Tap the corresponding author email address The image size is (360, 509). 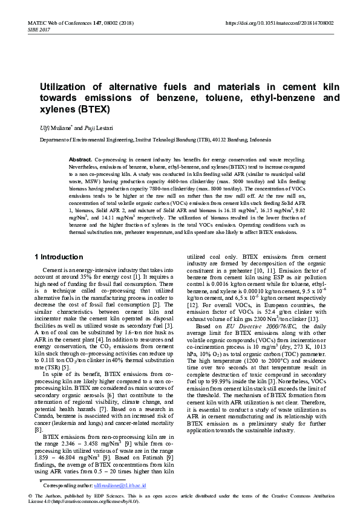pos(129,484)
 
